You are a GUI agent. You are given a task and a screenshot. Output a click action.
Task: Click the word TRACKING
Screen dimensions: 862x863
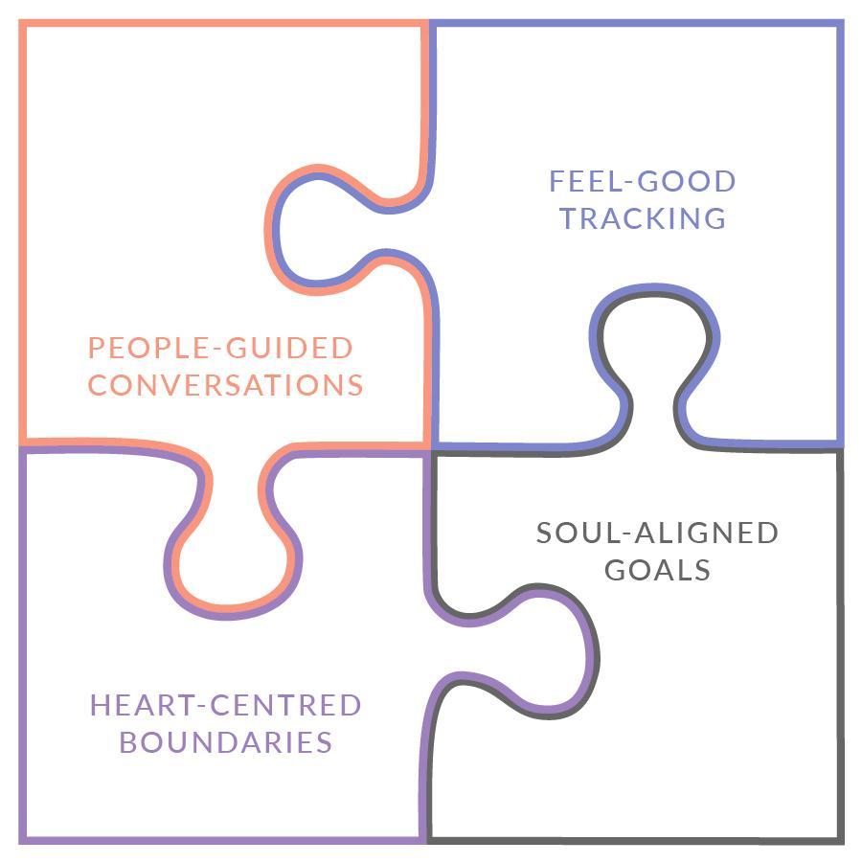pyautogui.click(x=643, y=218)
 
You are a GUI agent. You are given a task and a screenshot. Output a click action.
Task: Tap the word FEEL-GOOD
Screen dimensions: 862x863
pyautogui.click(x=643, y=181)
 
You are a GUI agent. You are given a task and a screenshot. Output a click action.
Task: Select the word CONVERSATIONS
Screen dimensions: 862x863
pyautogui.click(x=225, y=385)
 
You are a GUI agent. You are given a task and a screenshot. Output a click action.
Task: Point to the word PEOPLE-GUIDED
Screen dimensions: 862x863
pyautogui.click(x=220, y=347)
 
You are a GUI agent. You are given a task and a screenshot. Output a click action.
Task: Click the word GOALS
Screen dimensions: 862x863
pyautogui.click(x=658, y=570)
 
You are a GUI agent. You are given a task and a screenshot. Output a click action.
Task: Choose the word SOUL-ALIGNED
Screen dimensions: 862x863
pyautogui.click(x=658, y=533)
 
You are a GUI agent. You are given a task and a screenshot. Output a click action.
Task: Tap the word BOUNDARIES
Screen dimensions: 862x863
pyautogui.click(x=211, y=742)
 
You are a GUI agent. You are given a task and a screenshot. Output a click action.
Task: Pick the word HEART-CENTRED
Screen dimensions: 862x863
pyautogui.click(x=225, y=706)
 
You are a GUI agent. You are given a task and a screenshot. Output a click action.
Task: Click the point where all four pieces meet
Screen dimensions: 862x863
pyautogui.click(x=428, y=447)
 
